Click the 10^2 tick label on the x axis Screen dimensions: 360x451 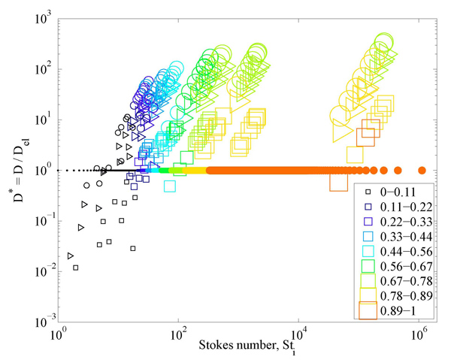click(178, 337)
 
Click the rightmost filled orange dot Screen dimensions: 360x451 click(422, 170)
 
